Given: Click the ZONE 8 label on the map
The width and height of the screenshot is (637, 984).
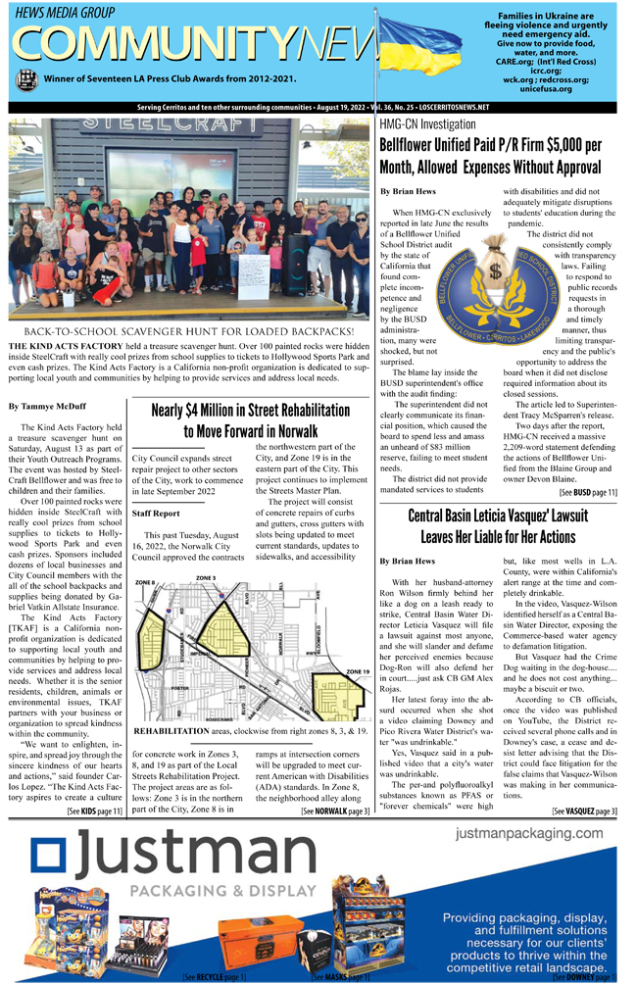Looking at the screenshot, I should coord(145,582).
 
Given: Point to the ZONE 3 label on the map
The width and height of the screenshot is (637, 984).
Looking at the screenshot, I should coord(206,578).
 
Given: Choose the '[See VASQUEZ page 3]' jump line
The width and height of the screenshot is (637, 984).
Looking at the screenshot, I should coord(584,812).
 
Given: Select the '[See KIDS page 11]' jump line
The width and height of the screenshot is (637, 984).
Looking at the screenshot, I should coord(94,812).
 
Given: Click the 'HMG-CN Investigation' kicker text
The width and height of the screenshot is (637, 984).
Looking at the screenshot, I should coord(427,124).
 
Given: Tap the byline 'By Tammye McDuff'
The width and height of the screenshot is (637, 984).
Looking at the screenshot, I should coord(46,406).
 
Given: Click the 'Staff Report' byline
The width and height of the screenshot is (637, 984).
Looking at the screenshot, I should coord(155,513).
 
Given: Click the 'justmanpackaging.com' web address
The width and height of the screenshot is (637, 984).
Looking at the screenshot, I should coord(529,833).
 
